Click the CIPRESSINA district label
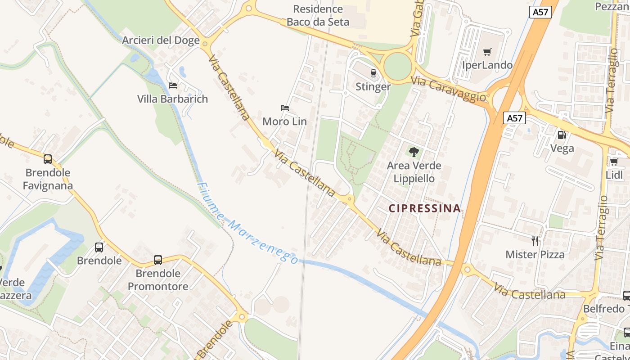pyautogui.click(x=424, y=208)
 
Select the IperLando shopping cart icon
pyautogui.click(x=487, y=52)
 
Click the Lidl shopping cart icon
pyautogui.click(x=614, y=162)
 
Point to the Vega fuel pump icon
pyautogui.click(x=562, y=135)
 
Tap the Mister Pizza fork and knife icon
pyautogui.click(x=535, y=241)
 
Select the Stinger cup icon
pyautogui.click(x=373, y=73)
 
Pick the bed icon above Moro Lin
pyautogui.click(x=284, y=108)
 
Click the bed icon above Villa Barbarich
pyautogui.click(x=172, y=85)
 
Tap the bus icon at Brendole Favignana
pyautogui.click(x=48, y=159)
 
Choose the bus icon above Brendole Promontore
pyautogui.click(x=157, y=260)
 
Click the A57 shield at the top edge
pyautogui.click(x=540, y=12)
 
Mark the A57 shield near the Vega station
pyautogui.click(x=514, y=118)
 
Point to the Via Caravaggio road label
pyautogui.click(x=449, y=89)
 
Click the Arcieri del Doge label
pyautogui.click(x=161, y=40)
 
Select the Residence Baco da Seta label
pyautogui.click(x=318, y=15)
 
